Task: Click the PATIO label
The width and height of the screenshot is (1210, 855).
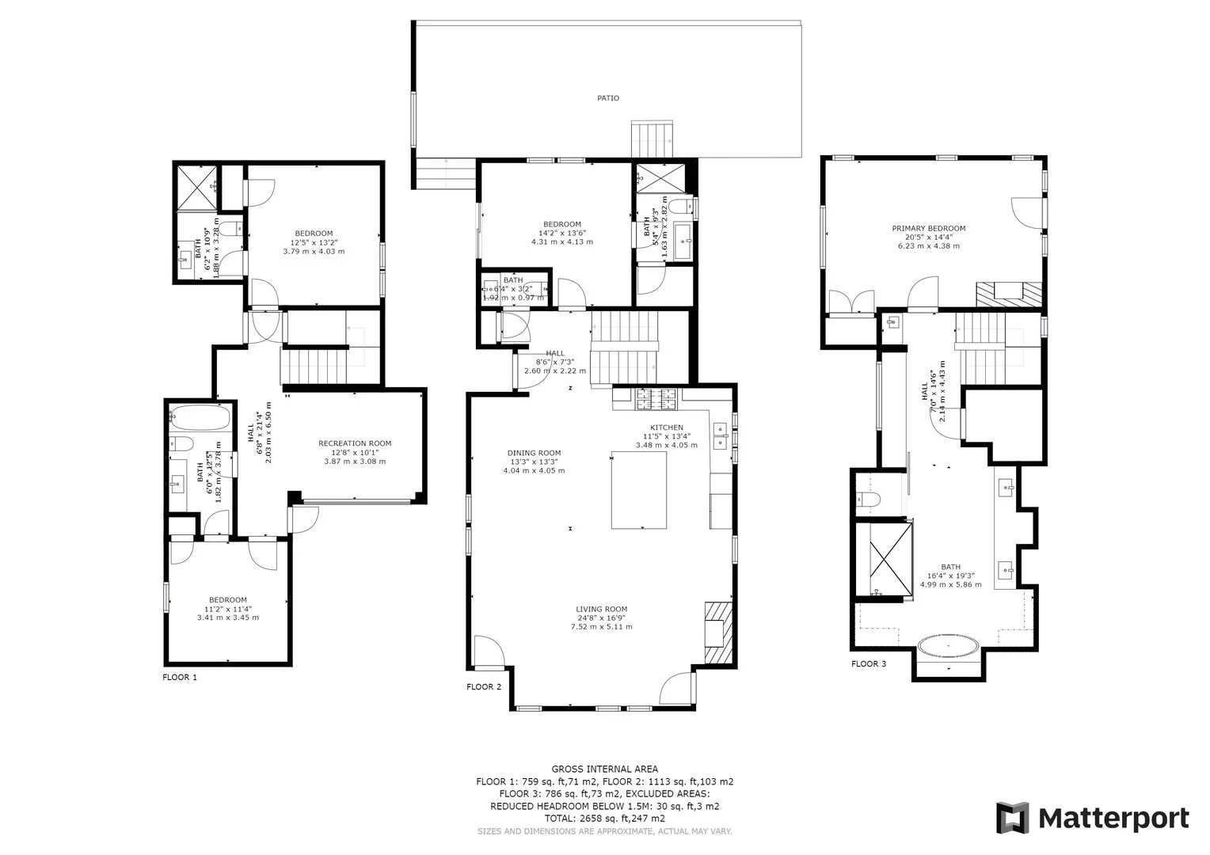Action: pos(607,98)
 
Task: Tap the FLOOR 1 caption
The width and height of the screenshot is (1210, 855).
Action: pos(179,678)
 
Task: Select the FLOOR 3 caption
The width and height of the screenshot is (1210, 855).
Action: pos(868,663)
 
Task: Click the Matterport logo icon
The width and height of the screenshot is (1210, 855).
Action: pos(1012,818)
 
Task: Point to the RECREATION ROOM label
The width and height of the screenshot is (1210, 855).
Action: pos(355,443)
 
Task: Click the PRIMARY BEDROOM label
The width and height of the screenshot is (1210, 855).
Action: pos(928,229)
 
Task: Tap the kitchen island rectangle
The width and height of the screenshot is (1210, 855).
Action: pos(638,490)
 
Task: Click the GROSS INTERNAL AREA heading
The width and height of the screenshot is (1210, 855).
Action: pos(604,769)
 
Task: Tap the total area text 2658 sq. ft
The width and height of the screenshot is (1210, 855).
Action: pos(604,819)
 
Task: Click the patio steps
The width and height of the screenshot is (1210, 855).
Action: pos(652,140)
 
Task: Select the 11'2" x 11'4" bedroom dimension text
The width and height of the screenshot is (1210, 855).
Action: pos(228,609)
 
